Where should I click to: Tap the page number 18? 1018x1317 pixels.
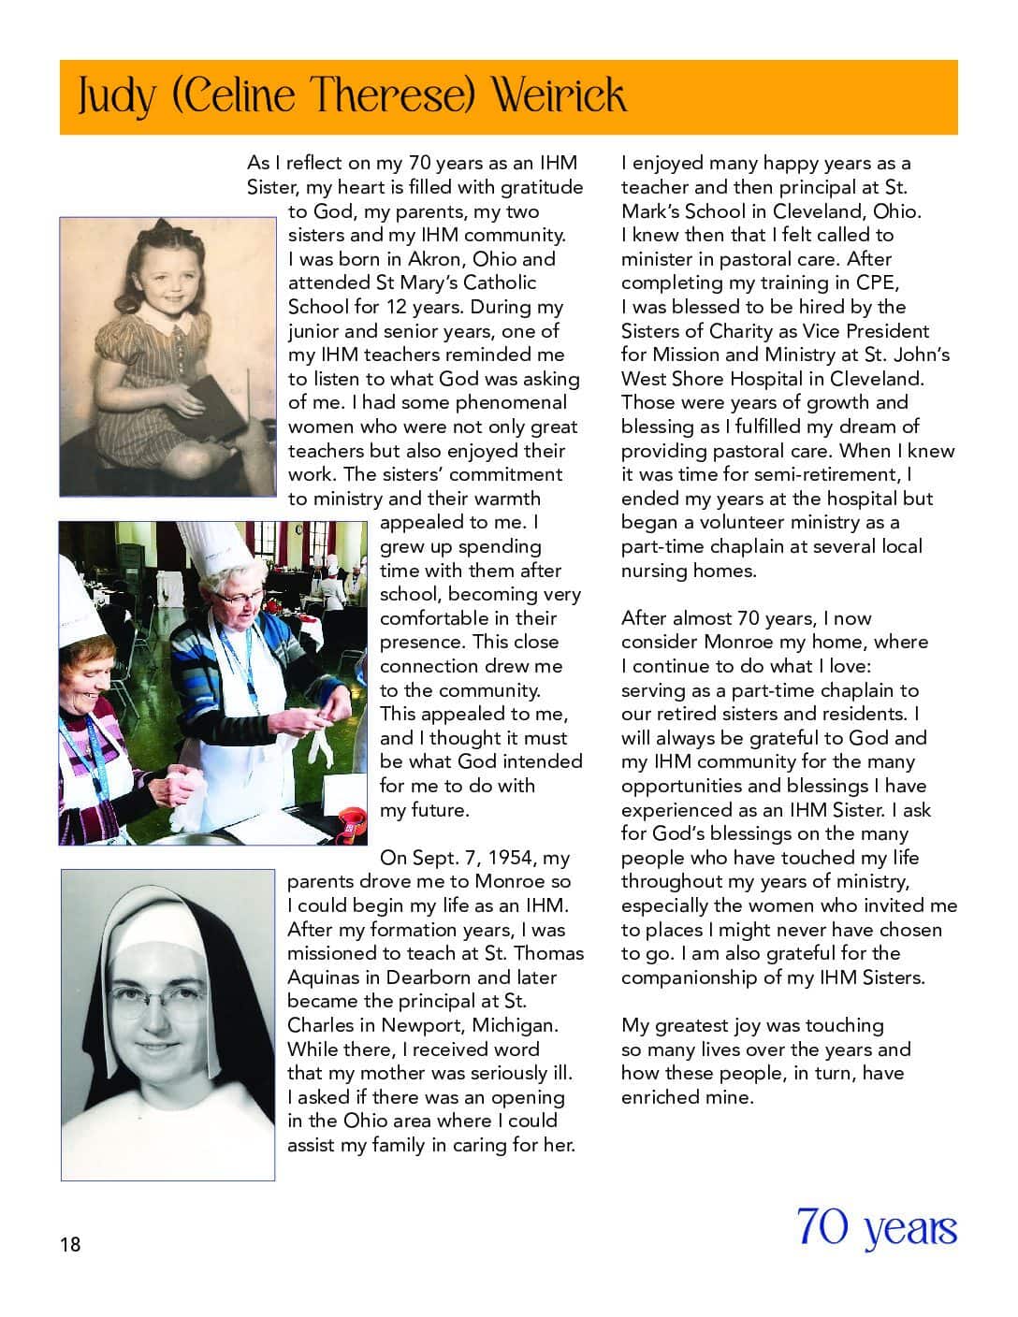pos(70,1244)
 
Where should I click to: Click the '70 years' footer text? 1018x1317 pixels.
pos(877,1227)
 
